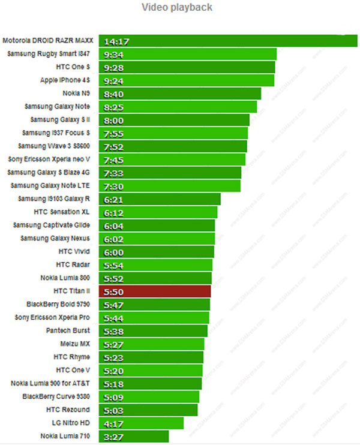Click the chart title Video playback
coord(176,8)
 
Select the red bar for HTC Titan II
coord(155,291)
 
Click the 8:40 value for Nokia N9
coord(113,94)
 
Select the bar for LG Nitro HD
coord(141,423)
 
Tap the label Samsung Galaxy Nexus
coord(55,238)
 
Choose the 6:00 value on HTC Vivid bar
coord(113,252)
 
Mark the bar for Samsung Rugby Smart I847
coord(187,54)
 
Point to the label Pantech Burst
coord(68,330)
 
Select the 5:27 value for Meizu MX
coord(113,344)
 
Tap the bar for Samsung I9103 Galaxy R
coord(160,199)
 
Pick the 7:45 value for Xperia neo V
coord(113,160)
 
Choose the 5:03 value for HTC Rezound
coord(113,410)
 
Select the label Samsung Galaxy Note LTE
coord(50,186)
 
